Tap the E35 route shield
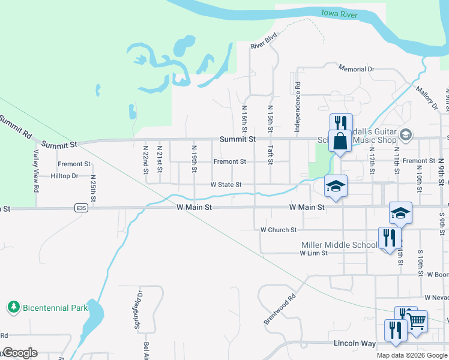(x=82, y=208)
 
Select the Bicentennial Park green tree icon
(x=13, y=308)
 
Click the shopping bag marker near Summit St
(x=340, y=142)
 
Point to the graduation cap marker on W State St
(x=336, y=187)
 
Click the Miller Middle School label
(x=339, y=245)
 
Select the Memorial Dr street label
(x=356, y=69)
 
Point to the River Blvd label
(x=264, y=41)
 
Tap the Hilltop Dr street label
(x=65, y=176)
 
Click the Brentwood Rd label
(x=280, y=310)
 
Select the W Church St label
(x=279, y=230)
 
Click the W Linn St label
(x=313, y=253)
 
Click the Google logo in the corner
(x=20, y=353)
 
